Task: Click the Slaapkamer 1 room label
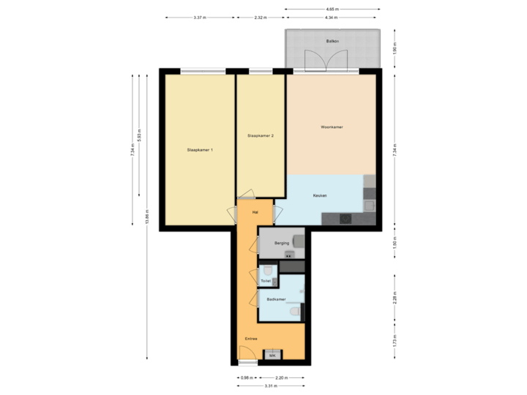200,150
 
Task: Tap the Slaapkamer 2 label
261,136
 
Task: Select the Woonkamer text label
332,127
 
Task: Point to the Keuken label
319,195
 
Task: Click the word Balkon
332,42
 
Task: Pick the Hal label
255,212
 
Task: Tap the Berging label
282,242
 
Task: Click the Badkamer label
276,299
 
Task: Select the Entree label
251,339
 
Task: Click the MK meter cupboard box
273,355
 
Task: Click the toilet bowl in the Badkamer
294,312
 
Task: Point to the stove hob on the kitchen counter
345,217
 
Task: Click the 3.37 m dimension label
198,17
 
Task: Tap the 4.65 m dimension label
332,9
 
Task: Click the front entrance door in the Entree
248,356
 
